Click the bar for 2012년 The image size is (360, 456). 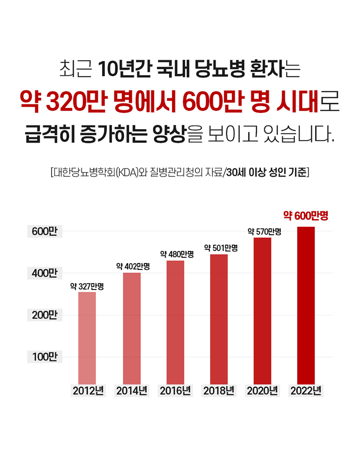[87, 337]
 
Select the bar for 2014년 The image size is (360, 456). [131, 328]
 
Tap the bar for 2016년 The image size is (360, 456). [175, 322]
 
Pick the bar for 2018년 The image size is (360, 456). [219, 318]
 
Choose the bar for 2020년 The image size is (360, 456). [262, 310]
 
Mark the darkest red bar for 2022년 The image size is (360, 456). [306, 305]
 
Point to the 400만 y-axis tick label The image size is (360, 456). [45, 273]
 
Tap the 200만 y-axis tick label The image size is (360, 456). [45, 315]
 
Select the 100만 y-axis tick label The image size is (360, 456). [45, 357]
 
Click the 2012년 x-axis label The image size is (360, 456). [88, 390]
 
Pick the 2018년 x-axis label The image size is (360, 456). [219, 390]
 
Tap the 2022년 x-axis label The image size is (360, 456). [306, 390]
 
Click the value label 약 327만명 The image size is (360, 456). [87, 286]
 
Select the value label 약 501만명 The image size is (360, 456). [221, 247]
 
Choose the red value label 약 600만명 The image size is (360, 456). [306, 216]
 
